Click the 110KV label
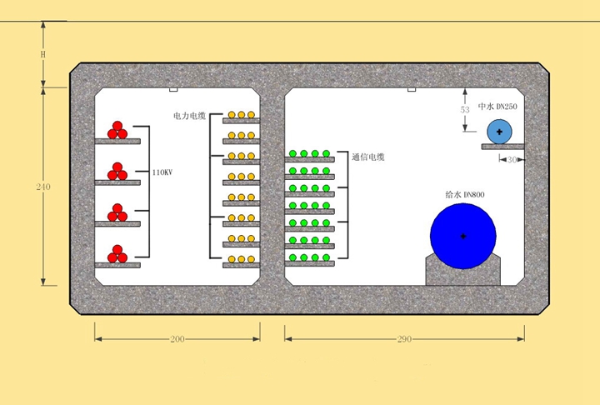pyautogui.click(x=162, y=172)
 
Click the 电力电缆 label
pyautogui.click(x=189, y=116)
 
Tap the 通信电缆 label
pyautogui.click(x=368, y=157)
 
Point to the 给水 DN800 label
pyautogui.click(x=465, y=194)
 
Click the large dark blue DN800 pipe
pyautogui.click(x=462, y=237)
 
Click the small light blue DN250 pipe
pyautogui.click(x=499, y=132)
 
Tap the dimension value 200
pyautogui.click(x=177, y=339)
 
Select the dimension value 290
pyautogui.click(x=405, y=339)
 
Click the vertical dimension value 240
pyautogui.click(x=43, y=187)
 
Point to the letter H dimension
pyautogui.click(x=43, y=54)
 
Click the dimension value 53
pyautogui.click(x=465, y=109)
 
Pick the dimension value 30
pyautogui.click(x=513, y=159)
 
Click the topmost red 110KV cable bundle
pyautogui.click(x=117, y=130)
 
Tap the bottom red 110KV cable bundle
pyautogui.click(x=117, y=253)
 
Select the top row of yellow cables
pyautogui.click(x=242, y=114)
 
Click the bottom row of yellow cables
pyautogui.click(x=242, y=258)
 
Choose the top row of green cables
pyautogui.click(x=310, y=154)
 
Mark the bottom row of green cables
pyautogui.click(x=310, y=257)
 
